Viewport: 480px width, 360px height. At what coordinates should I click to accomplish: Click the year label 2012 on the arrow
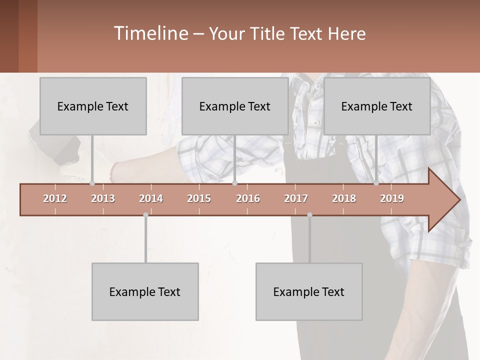pyautogui.click(x=55, y=198)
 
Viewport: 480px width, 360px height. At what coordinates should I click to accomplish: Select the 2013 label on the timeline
pyautogui.click(x=103, y=198)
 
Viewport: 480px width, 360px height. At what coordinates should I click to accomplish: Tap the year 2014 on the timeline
pyautogui.click(x=151, y=198)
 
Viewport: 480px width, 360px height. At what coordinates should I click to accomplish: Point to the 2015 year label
pyautogui.click(x=199, y=198)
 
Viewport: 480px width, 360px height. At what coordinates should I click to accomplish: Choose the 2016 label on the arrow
pyautogui.click(x=248, y=198)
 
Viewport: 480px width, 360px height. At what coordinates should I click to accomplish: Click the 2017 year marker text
pyautogui.click(x=296, y=198)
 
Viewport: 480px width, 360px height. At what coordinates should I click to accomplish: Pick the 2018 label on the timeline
pyautogui.click(x=344, y=198)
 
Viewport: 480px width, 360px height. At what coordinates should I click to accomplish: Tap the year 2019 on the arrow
pyautogui.click(x=392, y=198)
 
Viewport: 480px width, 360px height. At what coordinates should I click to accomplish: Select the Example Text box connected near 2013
pyautogui.click(x=93, y=106)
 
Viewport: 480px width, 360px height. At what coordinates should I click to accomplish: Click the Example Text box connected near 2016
pyautogui.click(x=235, y=106)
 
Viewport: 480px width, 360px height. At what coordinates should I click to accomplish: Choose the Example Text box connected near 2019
pyautogui.click(x=377, y=106)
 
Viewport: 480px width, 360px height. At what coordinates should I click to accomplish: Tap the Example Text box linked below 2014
pyautogui.click(x=145, y=291)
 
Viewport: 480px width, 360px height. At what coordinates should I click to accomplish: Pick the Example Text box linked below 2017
pyautogui.click(x=309, y=291)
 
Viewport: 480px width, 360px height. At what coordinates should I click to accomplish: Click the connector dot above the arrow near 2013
pyautogui.click(x=92, y=183)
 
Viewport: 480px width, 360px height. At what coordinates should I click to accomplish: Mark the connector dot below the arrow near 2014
pyautogui.click(x=145, y=215)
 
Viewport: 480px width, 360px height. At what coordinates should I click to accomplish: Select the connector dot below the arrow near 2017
pyautogui.click(x=309, y=215)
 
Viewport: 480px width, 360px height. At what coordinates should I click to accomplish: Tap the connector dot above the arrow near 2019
pyautogui.click(x=376, y=183)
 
